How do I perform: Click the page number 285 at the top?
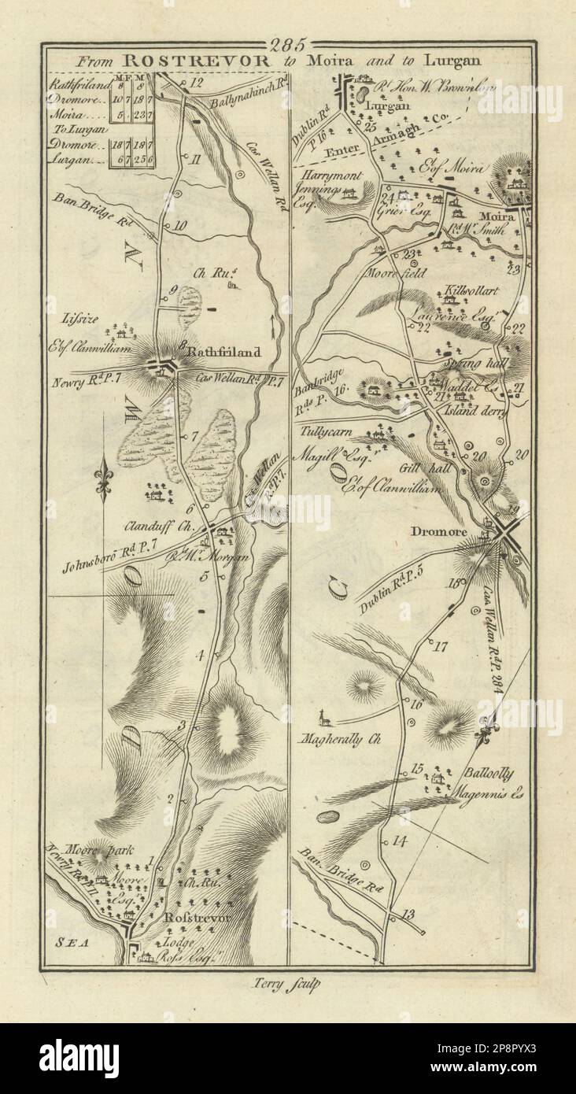289,44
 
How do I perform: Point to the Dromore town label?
440,532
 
